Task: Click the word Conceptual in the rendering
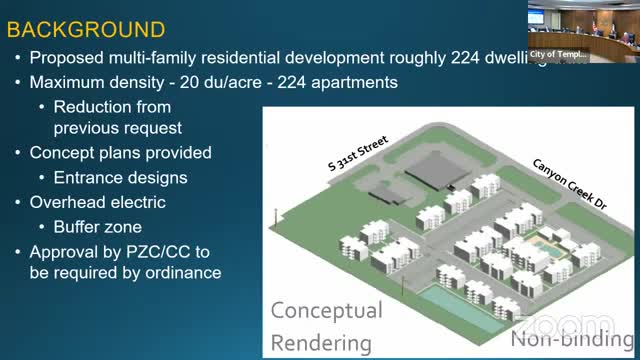coord(326,311)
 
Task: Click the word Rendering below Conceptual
coord(321,343)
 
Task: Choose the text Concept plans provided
coord(120,153)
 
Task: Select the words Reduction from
coord(112,106)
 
